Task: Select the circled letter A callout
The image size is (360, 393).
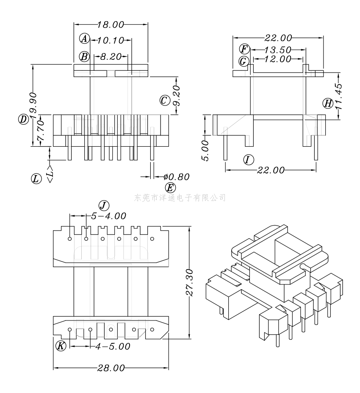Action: pos(85,39)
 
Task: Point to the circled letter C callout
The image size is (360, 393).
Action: pos(165,100)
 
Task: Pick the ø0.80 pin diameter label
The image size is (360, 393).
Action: pos(175,177)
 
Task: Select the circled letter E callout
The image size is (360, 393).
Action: pos(170,187)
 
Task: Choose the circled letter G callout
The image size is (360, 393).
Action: pos(244,61)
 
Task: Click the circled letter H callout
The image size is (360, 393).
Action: pos(327,103)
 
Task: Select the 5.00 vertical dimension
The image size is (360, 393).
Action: pos(205,150)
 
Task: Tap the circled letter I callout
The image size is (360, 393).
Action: pos(249,159)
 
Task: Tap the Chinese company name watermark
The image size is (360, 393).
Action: pos(180,197)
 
